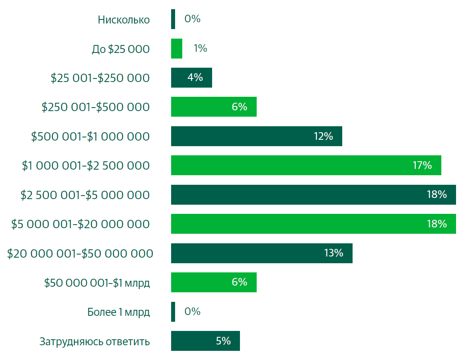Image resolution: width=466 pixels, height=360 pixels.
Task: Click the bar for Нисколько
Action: point(173,19)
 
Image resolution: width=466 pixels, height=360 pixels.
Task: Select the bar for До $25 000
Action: point(177,49)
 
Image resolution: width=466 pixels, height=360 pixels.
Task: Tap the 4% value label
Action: point(195,78)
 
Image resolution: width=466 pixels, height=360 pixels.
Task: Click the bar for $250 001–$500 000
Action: point(214,107)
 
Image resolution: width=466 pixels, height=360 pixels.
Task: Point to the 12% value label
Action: point(323,136)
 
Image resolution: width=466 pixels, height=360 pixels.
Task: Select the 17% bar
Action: point(306,165)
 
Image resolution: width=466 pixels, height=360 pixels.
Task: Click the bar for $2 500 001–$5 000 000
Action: point(313,195)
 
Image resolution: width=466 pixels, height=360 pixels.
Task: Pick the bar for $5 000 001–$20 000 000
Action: point(313,224)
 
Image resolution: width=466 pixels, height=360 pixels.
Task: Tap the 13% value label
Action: point(333,253)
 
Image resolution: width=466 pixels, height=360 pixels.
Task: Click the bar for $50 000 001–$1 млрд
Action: point(214,282)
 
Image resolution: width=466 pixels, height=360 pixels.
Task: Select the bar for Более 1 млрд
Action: point(173,311)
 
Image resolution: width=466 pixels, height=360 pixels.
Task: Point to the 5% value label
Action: point(223,341)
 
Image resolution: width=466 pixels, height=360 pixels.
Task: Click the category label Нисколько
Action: point(124,20)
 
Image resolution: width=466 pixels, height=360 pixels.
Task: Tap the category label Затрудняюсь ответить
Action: point(95,341)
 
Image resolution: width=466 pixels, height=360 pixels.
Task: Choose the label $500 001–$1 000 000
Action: point(90,137)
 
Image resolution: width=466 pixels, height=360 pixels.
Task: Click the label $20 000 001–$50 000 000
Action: point(80,253)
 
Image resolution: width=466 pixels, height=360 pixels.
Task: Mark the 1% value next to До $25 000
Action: point(200,49)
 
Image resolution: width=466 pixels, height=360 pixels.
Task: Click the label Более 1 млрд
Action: point(119,312)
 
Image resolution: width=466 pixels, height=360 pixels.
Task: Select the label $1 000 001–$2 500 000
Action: point(86,166)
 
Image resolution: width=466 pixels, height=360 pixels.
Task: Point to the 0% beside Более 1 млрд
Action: point(193,311)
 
